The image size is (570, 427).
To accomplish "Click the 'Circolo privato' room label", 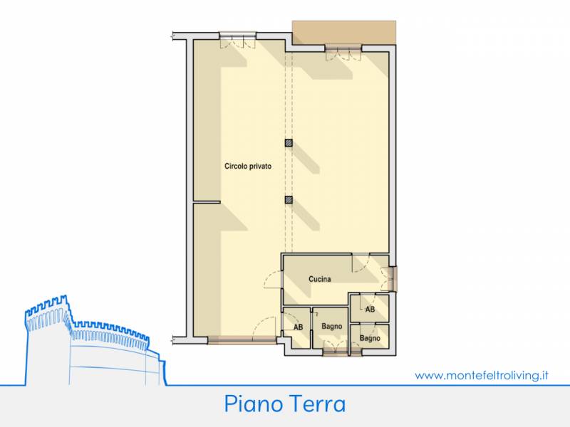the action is pyautogui.click(x=248, y=167).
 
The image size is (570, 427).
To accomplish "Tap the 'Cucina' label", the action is pyautogui.click(x=319, y=279).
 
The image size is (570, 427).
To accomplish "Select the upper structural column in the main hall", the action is pyautogui.click(x=289, y=143).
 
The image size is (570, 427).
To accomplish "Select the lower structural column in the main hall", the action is pyautogui.click(x=289, y=200).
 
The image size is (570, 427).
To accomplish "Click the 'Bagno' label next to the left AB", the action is pyautogui.click(x=331, y=327).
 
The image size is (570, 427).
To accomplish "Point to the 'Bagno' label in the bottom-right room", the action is pyautogui.click(x=370, y=338).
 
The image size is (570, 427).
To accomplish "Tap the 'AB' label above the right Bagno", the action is pyautogui.click(x=370, y=310).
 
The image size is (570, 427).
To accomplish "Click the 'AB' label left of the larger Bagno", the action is pyautogui.click(x=298, y=327).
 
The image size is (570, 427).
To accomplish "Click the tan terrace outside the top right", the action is pyautogui.click(x=344, y=33).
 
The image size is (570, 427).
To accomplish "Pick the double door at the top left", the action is pyautogui.click(x=238, y=41).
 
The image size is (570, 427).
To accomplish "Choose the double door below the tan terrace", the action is pyautogui.click(x=343, y=53).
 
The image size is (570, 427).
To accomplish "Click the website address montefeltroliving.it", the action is pyautogui.click(x=482, y=375).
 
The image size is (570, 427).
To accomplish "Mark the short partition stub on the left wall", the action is pyautogui.click(x=207, y=202).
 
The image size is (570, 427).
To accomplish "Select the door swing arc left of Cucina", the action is pyautogui.click(x=273, y=280).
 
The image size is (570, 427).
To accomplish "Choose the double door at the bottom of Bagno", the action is pyautogui.click(x=336, y=348).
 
